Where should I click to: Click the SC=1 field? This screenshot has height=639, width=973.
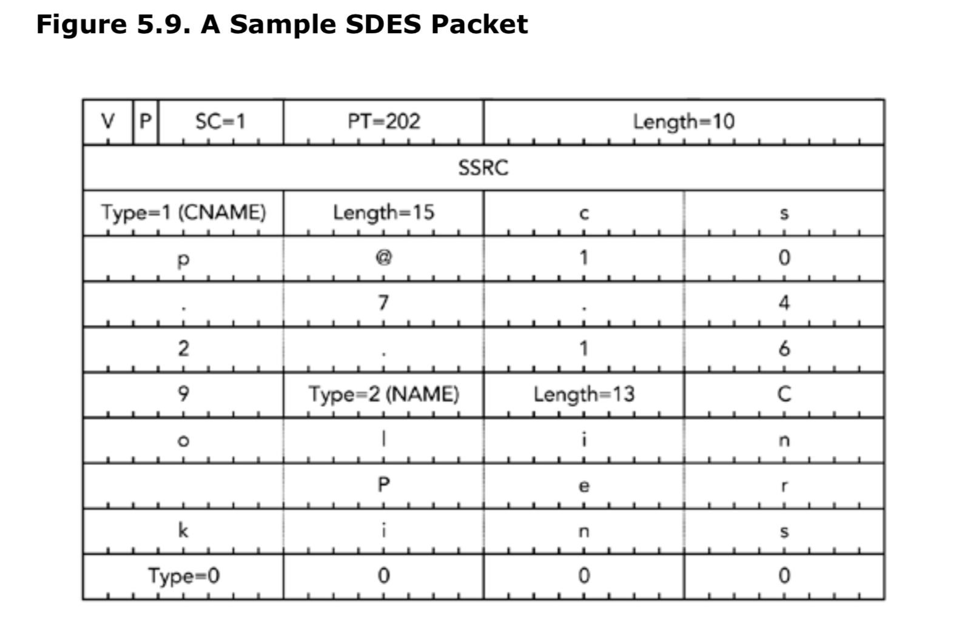[x=220, y=122]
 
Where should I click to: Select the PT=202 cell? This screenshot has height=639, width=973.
[x=383, y=122]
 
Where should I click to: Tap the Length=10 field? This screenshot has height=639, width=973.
[x=684, y=122]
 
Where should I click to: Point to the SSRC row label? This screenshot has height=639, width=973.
[x=483, y=168]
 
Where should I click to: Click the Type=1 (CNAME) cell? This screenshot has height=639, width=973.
[x=183, y=213]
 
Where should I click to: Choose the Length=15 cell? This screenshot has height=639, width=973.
[x=383, y=213]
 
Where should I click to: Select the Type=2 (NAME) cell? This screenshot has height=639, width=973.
[x=383, y=395]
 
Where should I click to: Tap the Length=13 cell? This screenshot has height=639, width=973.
[x=584, y=395]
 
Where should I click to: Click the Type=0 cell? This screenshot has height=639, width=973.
[x=183, y=575]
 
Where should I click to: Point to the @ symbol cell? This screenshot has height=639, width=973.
[x=383, y=258]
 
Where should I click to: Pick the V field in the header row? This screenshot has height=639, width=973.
[x=107, y=122]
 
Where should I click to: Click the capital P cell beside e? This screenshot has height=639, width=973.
[x=383, y=485]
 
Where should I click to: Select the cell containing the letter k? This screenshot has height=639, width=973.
[x=183, y=531]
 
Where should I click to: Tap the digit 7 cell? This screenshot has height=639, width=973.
[x=383, y=303]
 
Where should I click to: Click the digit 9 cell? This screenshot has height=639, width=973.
[x=183, y=395]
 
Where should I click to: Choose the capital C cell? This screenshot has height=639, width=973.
[x=784, y=395]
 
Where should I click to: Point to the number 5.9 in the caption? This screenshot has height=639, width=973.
[x=161, y=25]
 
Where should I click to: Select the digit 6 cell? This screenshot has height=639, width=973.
[x=784, y=349]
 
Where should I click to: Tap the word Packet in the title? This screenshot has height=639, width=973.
[x=479, y=25]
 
